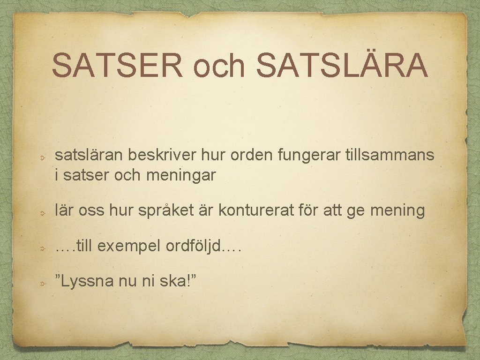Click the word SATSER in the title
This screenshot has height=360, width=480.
(117, 65)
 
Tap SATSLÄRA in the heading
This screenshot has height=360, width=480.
(342, 65)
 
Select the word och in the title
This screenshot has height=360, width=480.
(220, 66)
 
